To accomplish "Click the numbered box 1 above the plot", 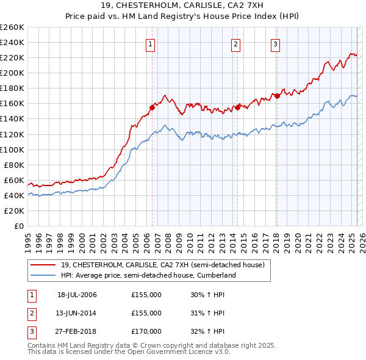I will (x=151, y=43).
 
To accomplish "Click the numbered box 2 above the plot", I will (x=235, y=43).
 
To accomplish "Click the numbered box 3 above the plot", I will (x=276, y=43).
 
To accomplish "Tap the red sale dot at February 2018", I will (x=277, y=96).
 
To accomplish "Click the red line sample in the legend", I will (x=43, y=265).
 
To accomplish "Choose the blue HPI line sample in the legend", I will (x=43, y=275).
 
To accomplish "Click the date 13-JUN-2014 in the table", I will (x=76, y=313).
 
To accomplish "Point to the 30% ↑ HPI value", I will (x=207, y=295).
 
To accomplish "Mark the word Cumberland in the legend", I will (x=217, y=275).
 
